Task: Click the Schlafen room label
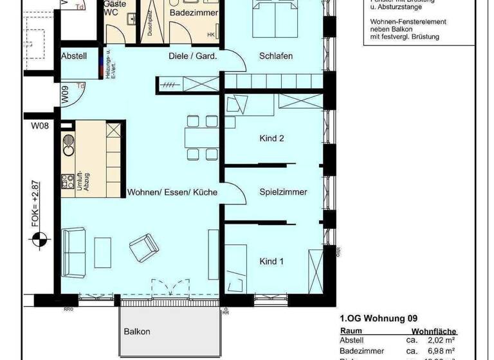click(276, 56)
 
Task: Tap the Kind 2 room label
click(272, 138)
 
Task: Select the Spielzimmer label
click(283, 192)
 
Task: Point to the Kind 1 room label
click(271, 261)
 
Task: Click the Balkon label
click(137, 332)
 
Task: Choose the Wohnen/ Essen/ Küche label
click(172, 192)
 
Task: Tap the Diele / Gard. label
click(192, 56)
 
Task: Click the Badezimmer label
click(194, 13)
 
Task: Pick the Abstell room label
click(74, 56)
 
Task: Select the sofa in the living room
click(74, 250)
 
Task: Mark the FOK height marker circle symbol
click(39, 240)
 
